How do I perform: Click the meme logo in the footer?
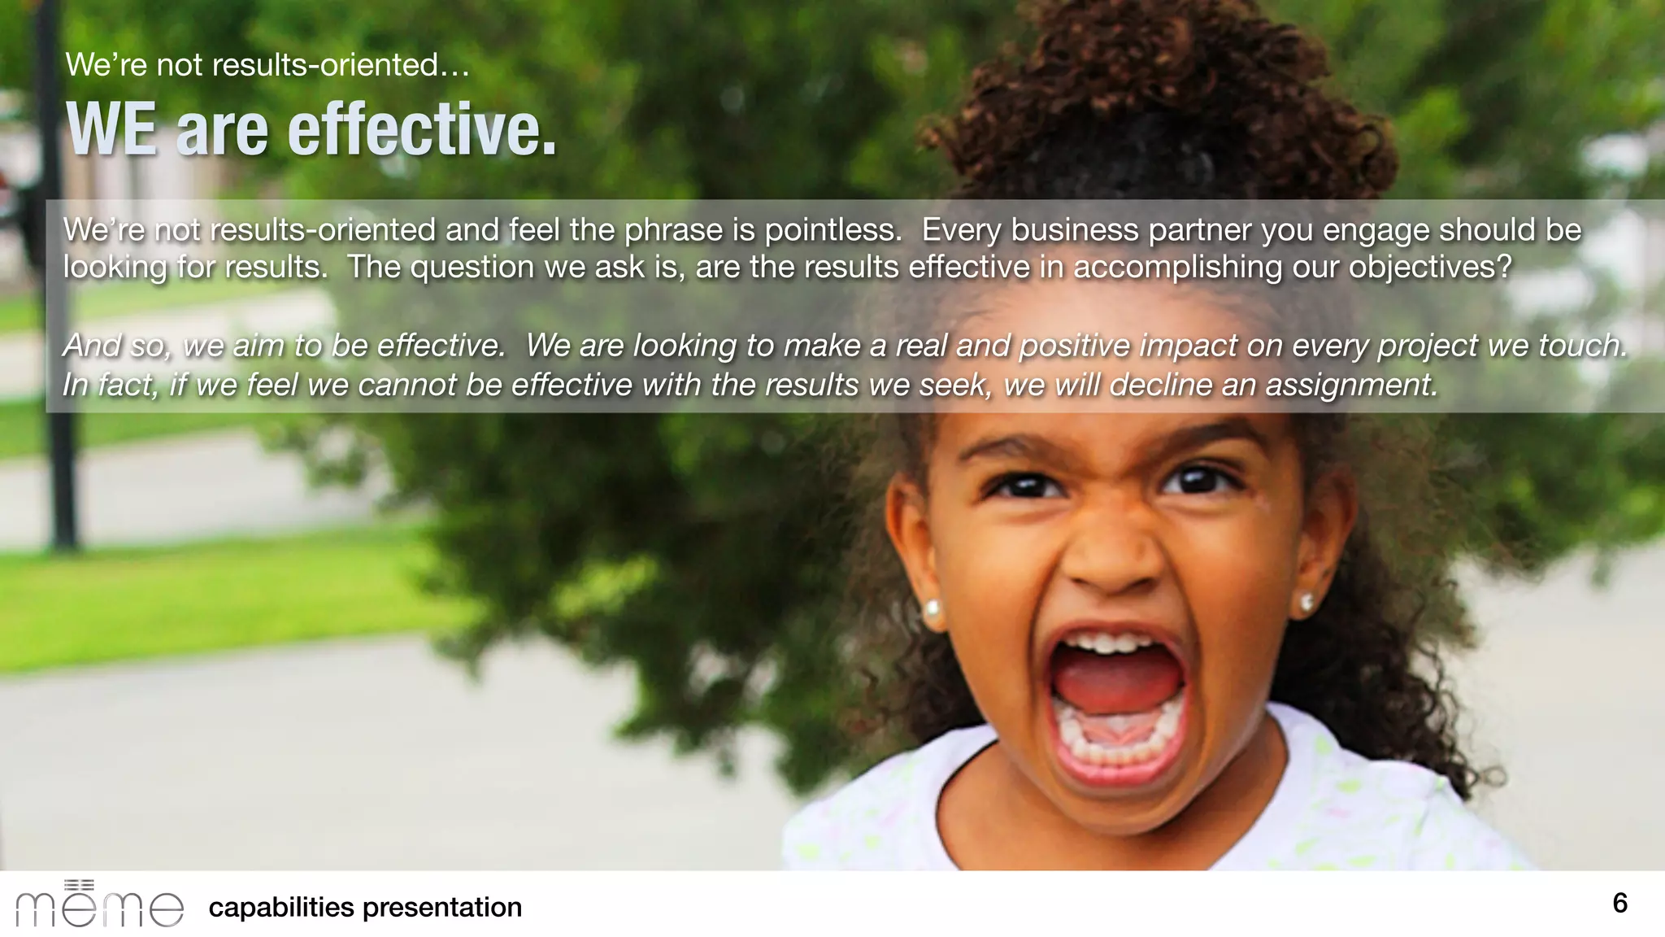coord(99,904)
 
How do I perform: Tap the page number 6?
coord(1619,903)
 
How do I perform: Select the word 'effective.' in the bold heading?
coord(422,130)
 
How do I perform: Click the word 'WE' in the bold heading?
coord(111,130)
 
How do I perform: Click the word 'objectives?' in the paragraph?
coord(1430,267)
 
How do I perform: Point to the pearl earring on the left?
coord(932,608)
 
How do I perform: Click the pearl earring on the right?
coord(1306,603)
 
